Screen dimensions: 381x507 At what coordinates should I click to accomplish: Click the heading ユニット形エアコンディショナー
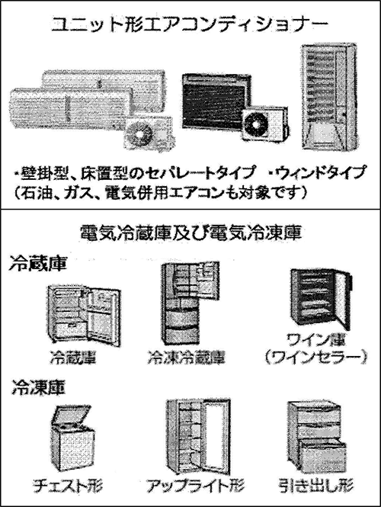click(190, 24)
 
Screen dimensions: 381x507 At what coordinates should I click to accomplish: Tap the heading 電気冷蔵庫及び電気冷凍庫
click(190, 233)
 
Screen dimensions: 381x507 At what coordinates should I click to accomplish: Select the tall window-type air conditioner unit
click(329, 97)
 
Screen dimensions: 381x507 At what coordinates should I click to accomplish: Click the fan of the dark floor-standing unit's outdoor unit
click(255, 124)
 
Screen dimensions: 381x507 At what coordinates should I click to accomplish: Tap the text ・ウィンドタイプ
click(319, 172)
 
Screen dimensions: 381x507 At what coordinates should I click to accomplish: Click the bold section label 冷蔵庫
click(38, 264)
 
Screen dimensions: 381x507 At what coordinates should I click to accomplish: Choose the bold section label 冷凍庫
click(39, 387)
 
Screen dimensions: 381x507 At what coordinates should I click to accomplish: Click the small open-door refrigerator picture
click(84, 316)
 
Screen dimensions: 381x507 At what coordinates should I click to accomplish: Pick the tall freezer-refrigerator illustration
click(190, 303)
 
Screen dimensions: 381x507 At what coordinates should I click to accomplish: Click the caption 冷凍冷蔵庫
click(187, 358)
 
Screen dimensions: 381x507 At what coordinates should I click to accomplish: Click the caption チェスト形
click(68, 486)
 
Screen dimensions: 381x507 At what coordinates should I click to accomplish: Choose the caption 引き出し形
click(316, 486)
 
